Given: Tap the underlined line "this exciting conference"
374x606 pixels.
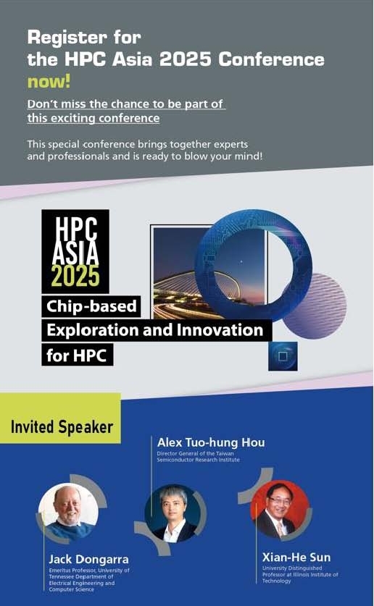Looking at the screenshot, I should (x=93, y=117).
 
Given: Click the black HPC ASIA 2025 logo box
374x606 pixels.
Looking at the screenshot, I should (x=75, y=251).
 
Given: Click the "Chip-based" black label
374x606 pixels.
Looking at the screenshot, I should (x=91, y=306).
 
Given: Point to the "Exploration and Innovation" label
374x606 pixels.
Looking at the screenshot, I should (x=155, y=330).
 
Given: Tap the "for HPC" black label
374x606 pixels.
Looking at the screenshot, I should (x=78, y=355).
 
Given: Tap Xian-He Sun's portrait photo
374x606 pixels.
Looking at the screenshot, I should (x=279, y=510).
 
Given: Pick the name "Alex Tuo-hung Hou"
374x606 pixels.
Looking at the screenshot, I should (x=211, y=442).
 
